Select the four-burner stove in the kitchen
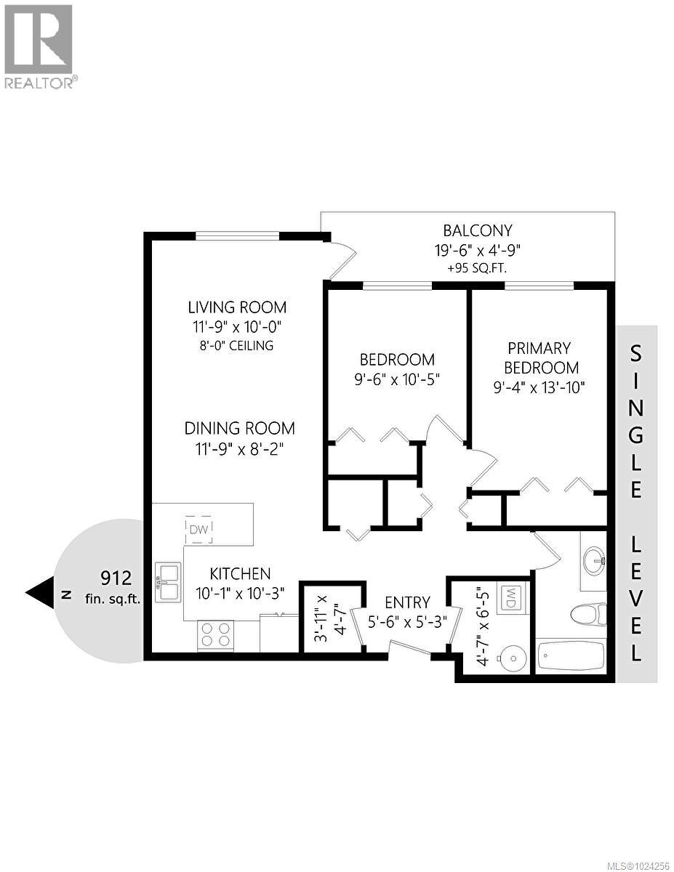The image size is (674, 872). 215,635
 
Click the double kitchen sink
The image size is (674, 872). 167,581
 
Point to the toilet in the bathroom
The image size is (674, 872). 588,615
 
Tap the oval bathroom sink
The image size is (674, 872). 594,560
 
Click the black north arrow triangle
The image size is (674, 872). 40,592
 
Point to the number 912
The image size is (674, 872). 116,578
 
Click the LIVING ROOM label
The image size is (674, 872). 237,307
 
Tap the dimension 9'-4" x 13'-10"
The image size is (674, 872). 539,387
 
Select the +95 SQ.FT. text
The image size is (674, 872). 478,268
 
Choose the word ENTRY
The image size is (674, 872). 407,602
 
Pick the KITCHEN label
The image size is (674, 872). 240,574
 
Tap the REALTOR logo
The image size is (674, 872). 39,47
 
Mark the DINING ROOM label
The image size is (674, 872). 239,428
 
